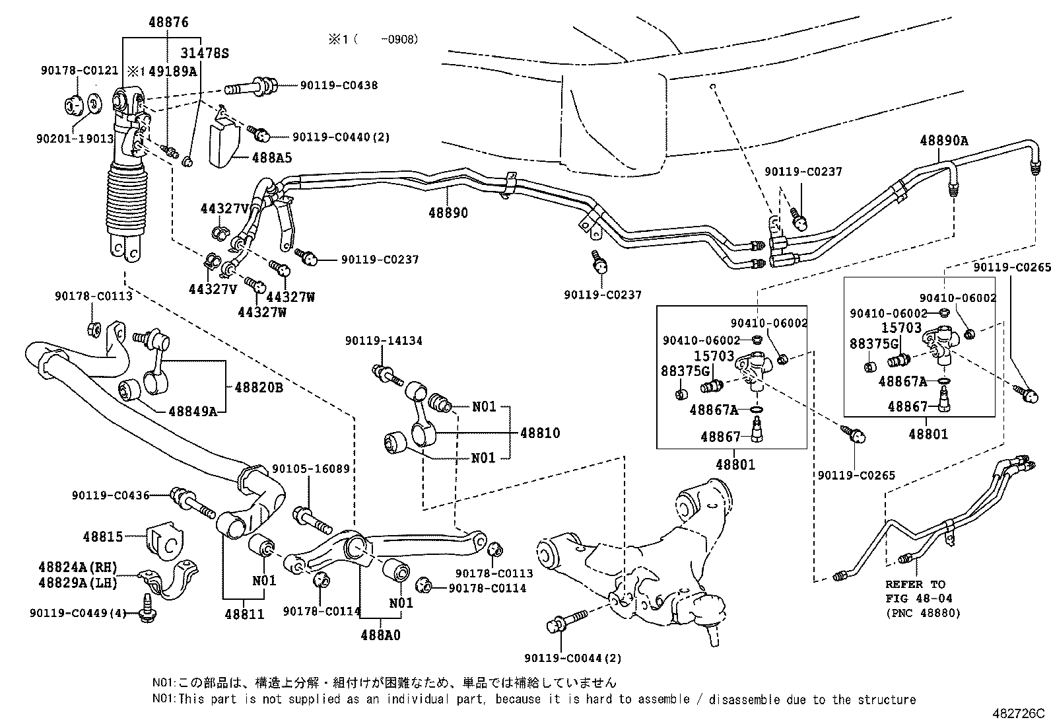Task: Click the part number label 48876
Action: click(167, 22)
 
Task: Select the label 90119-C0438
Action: click(339, 85)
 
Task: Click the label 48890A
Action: click(944, 141)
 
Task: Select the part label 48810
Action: click(540, 433)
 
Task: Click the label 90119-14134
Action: click(384, 341)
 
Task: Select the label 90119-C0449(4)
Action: click(78, 613)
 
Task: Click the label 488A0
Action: click(380, 635)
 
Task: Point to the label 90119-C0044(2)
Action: click(573, 658)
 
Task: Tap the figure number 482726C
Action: click(1019, 714)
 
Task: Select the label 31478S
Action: click(205, 54)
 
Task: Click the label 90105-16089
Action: click(310, 468)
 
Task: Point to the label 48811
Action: click(244, 614)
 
